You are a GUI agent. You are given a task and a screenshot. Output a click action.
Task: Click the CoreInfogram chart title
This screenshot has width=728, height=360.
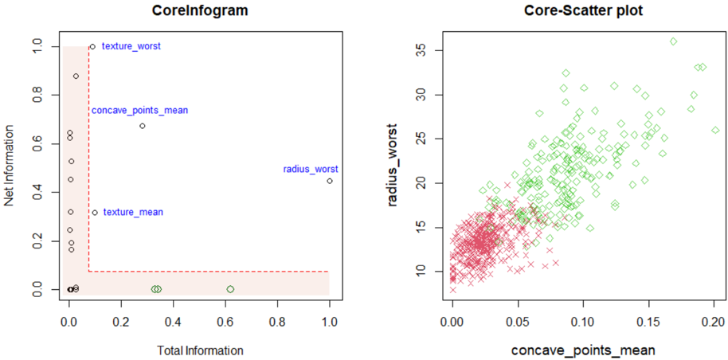pyautogui.click(x=196, y=12)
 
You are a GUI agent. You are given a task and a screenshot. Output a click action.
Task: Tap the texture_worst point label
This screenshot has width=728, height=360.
pyautogui.click(x=131, y=47)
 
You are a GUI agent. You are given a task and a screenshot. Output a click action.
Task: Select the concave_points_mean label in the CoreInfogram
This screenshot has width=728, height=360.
pyautogui.click(x=139, y=111)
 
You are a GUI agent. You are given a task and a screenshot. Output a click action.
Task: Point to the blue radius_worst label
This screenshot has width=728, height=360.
pyautogui.click(x=311, y=169)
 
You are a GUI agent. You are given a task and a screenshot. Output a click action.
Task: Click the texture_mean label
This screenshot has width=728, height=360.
pyautogui.click(x=133, y=213)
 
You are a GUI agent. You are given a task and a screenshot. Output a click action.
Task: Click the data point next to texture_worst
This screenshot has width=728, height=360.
pyautogui.click(x=92, y=46)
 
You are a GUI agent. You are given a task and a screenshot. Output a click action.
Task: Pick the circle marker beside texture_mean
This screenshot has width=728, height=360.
pyautogui.click(x=95, y=213)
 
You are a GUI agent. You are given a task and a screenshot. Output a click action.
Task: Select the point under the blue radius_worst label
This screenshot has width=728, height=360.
pyautogui.click(x=330, y=181)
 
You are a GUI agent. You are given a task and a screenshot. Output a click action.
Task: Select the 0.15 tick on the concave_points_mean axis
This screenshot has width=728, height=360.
pyautogui.click(x=649, y=324)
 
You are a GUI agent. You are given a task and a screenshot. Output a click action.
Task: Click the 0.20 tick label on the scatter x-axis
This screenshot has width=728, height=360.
pyautogui.click(x=714, y=324)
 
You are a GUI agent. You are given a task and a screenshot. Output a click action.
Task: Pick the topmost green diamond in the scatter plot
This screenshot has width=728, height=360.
pyautogui.click(x=674, y=41)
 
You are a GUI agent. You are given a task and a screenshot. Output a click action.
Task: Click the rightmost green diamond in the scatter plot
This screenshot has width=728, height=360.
pyautogui.click(x=715, y=130)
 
